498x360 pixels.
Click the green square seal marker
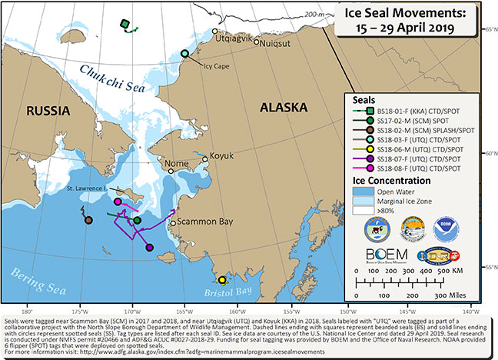[124, 25]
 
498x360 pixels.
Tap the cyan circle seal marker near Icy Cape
[184, 53]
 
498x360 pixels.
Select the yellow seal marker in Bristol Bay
[221, 280]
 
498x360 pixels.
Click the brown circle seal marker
[89, 220]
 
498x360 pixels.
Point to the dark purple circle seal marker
[149, 247]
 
